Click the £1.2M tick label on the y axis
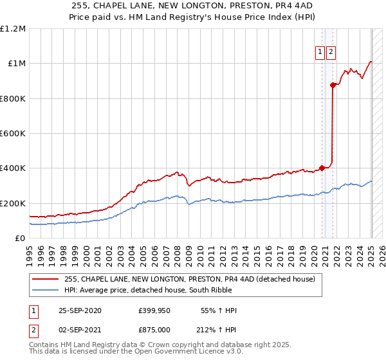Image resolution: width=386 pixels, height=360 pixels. [13, 29]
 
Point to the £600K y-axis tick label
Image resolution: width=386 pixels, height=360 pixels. [13, 134]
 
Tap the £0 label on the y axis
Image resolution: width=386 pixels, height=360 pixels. [21, 239]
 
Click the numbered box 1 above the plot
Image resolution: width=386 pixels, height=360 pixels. [320, 53]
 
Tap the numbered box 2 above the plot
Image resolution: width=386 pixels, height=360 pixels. [331, 53]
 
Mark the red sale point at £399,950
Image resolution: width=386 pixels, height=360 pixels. [322, 168]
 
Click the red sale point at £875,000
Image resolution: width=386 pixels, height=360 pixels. [333, 85]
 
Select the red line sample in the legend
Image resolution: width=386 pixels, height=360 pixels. [46, 279]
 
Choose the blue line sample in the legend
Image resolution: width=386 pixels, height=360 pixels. [46, 290]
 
